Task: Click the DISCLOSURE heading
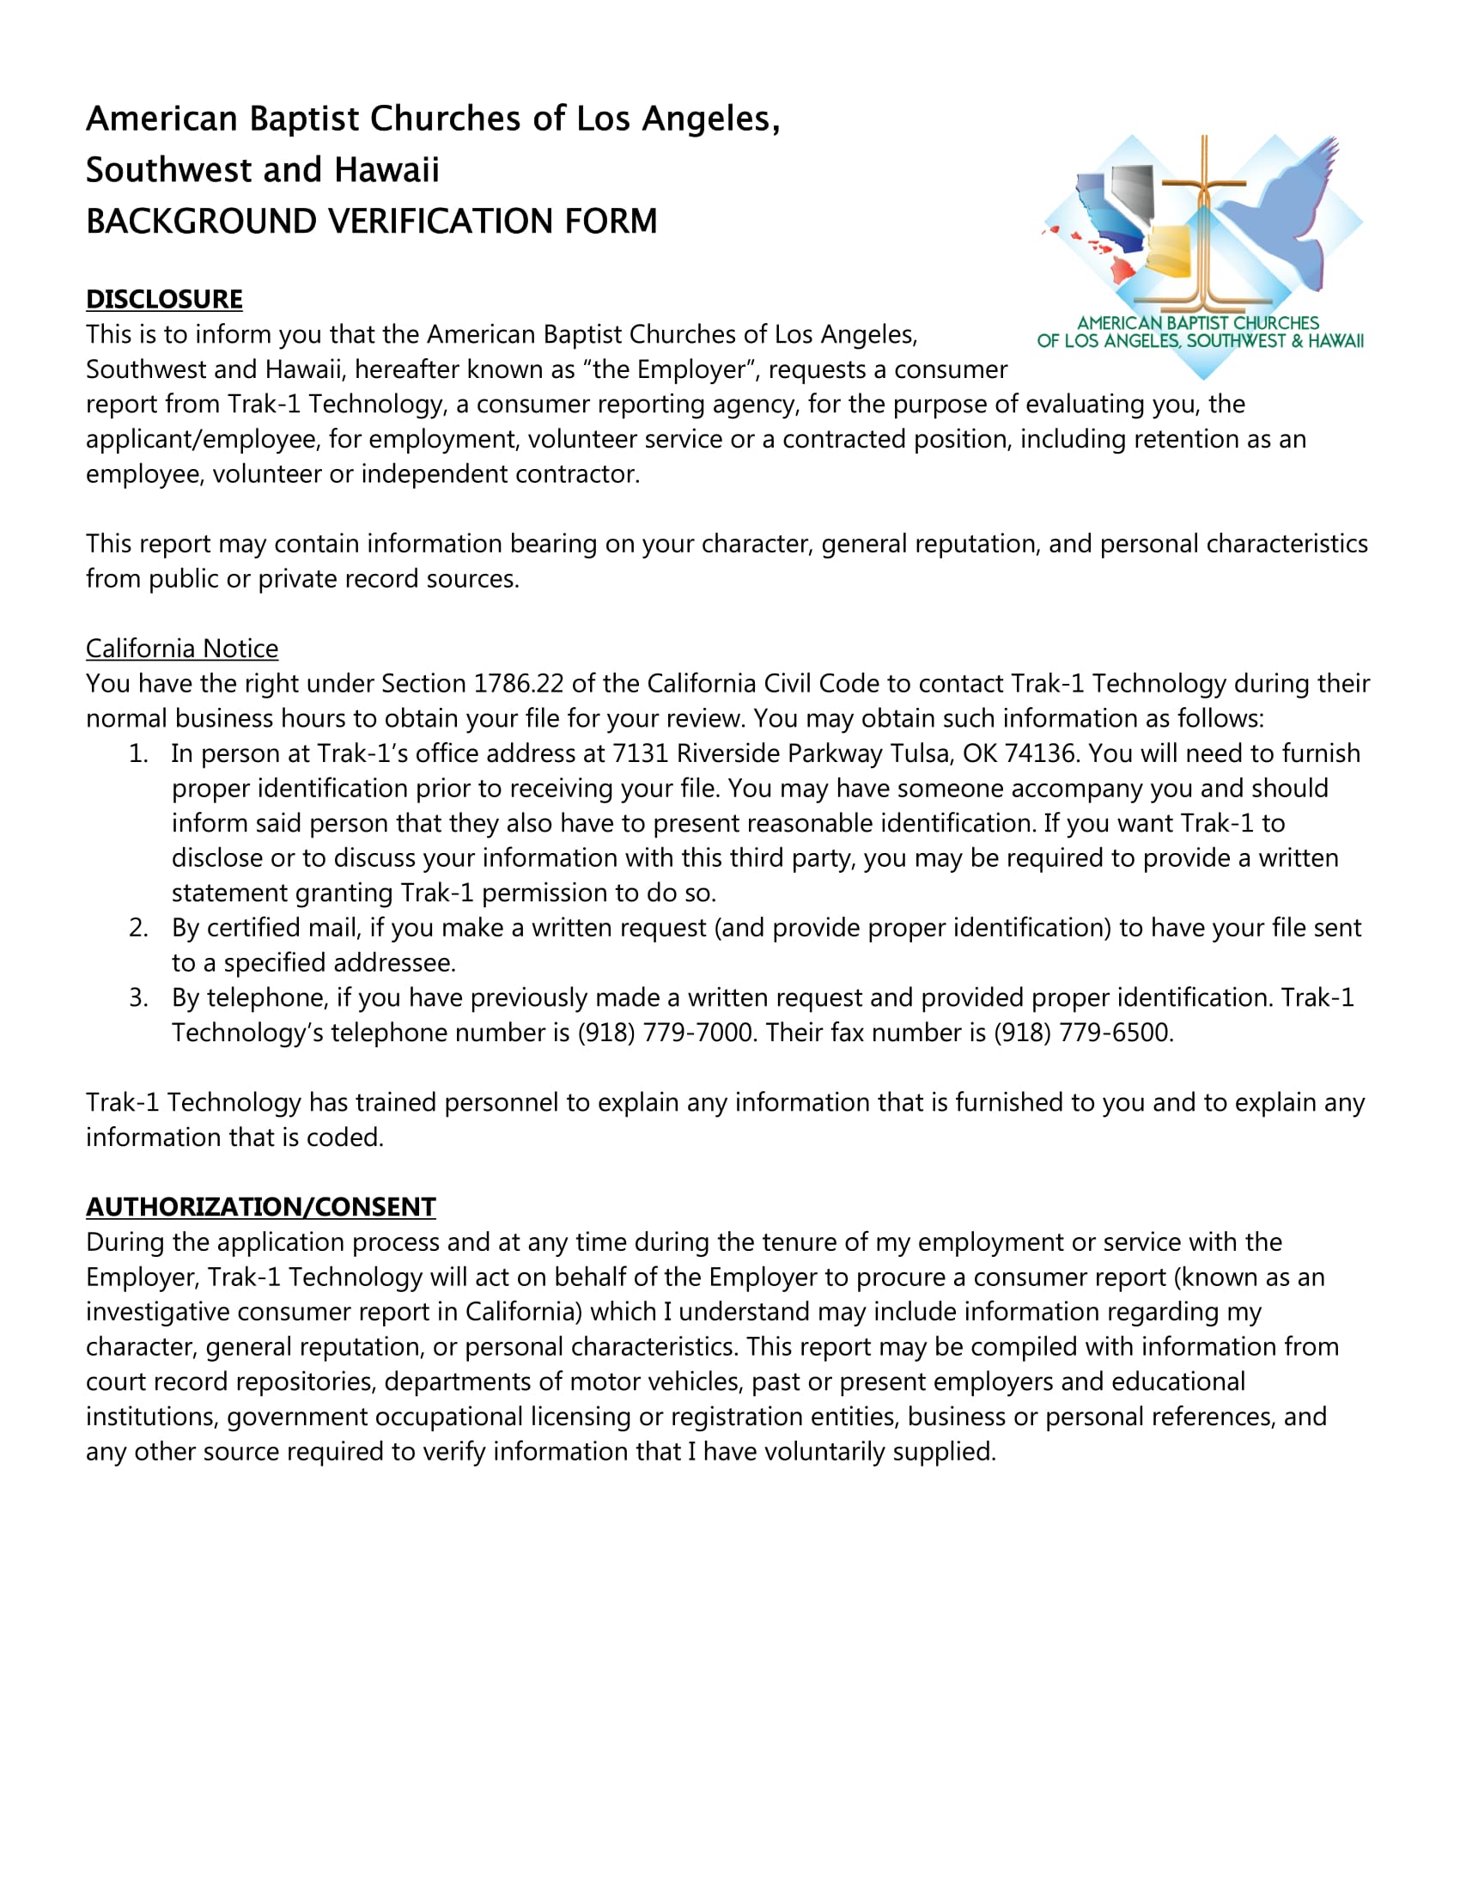point(163,300)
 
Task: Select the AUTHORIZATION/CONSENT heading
point(260,1207)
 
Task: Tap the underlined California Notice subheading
point(181,649)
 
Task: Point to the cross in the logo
point(1203,216)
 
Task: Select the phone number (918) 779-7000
point(665,1033)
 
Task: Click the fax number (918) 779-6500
point(1083,1033)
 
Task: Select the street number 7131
point(640,753)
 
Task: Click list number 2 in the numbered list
point(138,929)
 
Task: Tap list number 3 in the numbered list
point(138,998)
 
